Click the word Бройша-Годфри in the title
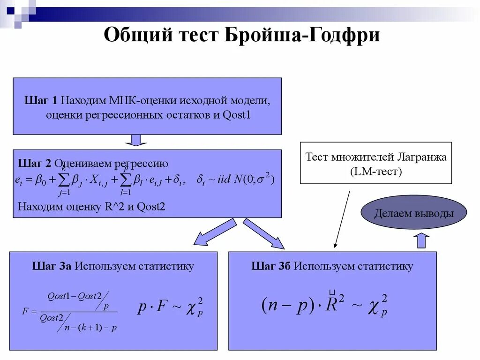303,36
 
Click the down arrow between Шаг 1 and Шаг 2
136,140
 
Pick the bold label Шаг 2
35,164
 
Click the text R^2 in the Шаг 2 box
114,207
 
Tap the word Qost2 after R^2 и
151,207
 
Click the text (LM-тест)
376,172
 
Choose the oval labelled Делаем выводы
414,213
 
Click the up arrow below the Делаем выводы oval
423,240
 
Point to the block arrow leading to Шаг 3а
213,232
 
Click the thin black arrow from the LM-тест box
342,218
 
